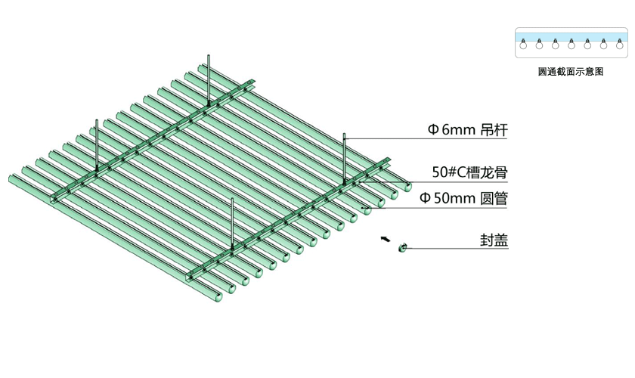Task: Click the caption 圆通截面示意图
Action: (x=571, y=71)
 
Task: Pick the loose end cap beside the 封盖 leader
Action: (x=403, y=246)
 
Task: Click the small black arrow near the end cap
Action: (x=386, y=239)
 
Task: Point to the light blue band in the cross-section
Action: (x=571, y=36)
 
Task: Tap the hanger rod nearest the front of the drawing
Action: (x=232, y=223)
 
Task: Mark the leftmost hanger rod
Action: (x=97, y=144)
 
